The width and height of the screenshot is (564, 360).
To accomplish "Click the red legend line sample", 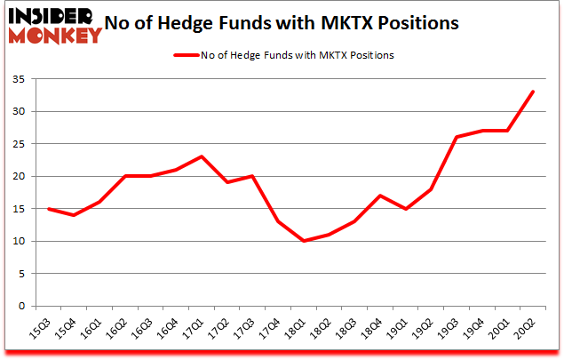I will coord(190,55).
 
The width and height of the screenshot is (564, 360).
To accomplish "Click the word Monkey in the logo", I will coord(55,36).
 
